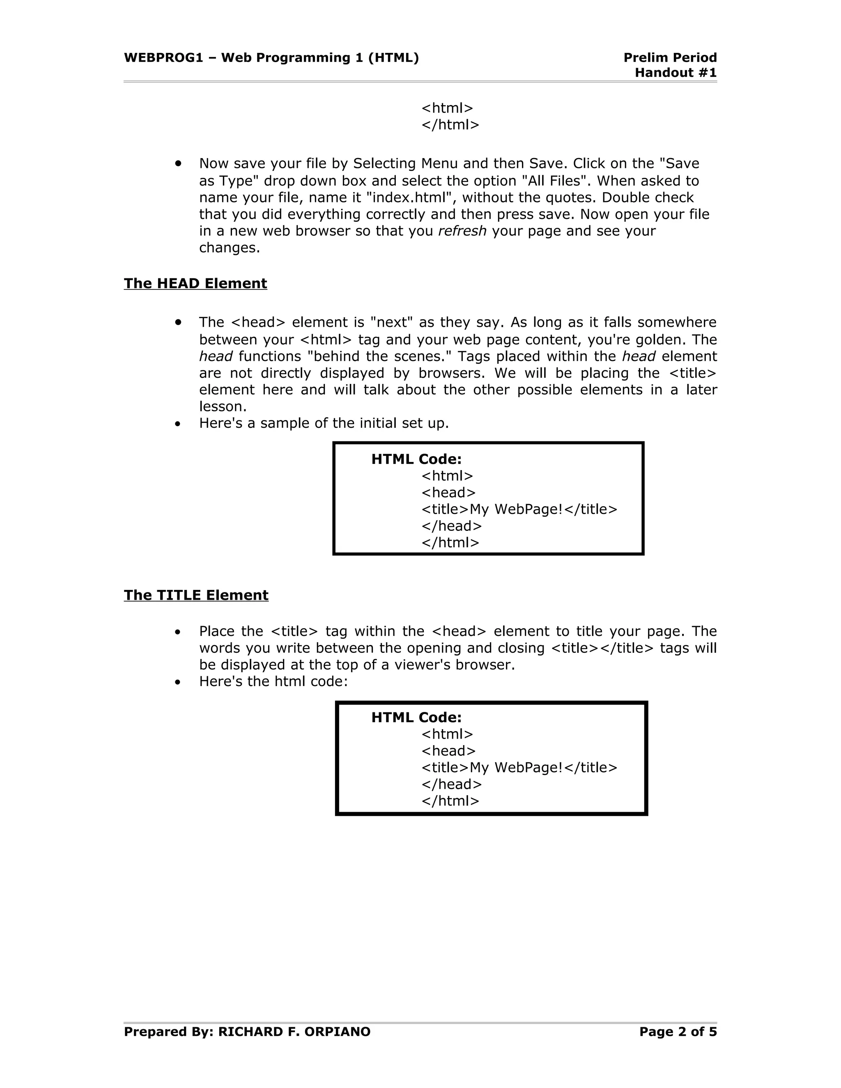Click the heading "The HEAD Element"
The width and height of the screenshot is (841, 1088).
pyautogui.click(x=195, y=283)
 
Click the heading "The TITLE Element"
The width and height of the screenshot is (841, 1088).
pyautogui.click(x=196, y=595)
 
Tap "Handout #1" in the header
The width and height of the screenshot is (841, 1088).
pyautogui.click(x=676, y=73)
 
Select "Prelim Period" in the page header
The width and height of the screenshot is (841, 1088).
pyautogui.click(x=670, y=58)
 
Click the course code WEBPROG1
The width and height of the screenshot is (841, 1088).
pyautogui.click(x=163, y=58)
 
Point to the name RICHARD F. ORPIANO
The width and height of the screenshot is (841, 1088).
pyautogui.click(x=294, y=1032)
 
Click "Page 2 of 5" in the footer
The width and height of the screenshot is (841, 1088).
pyautogui.click(x=678, y=1032)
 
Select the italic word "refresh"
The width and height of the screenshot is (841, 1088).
pyautogui.click(x=462, y=231)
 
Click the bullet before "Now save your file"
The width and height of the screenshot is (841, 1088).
pyautogui.click(x=178, y=163)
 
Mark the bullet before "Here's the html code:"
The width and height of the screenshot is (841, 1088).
pyautogui.click(x=178, y=682)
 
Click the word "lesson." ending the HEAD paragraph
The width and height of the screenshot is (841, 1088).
pyautogui.click(x=223, y=406)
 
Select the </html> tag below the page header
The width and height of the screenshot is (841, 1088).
pyautogui.click(x=450, y=124)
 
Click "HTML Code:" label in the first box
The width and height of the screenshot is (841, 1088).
pyautogui.click(x=416, y=459)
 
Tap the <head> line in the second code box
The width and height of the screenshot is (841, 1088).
pyautogui.click(x=448, y=751)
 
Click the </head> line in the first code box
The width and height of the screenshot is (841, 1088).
pyautogui.click(x=451, y=526)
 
